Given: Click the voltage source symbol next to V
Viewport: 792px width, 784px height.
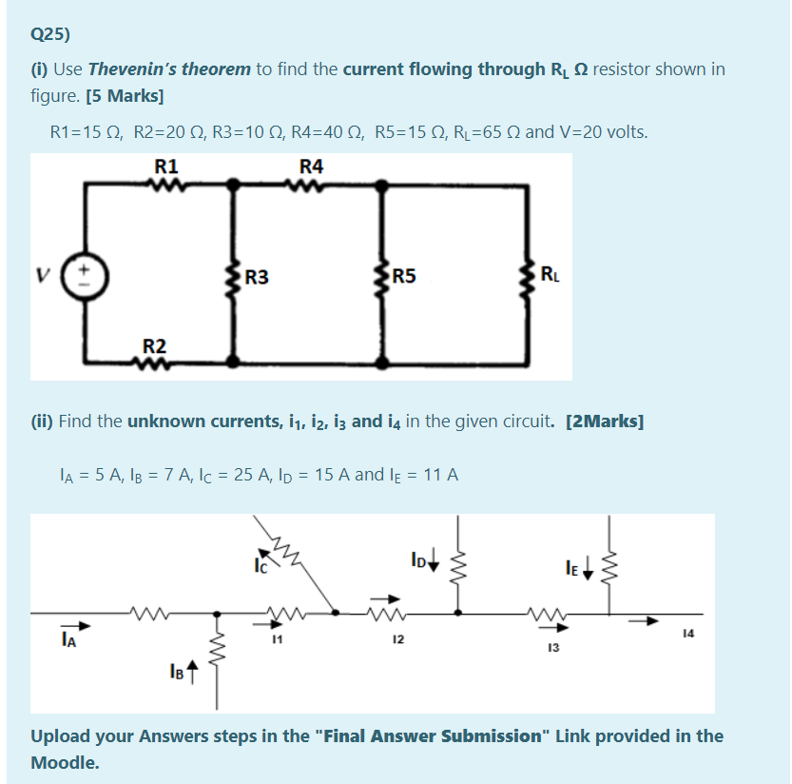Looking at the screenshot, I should [84, 278].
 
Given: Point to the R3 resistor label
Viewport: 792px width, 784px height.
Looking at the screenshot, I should [257, 278].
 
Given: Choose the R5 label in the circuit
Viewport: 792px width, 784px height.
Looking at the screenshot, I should [403, 278].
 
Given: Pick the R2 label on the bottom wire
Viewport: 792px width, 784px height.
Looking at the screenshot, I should [154, 345].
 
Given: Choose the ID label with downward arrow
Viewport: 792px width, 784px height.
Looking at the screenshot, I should [419, 555].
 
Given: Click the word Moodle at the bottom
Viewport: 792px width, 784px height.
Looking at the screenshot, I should [65, 762].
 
